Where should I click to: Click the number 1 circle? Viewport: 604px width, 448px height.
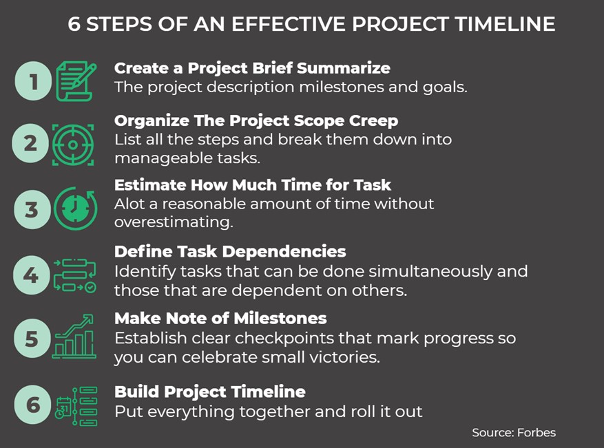click(x=33, y=82)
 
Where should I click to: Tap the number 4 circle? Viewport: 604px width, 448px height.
click(x=31, y=275)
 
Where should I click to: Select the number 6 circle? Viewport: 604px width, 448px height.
click(x=32, y=405)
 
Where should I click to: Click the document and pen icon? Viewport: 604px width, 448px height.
click(x=75, y=81)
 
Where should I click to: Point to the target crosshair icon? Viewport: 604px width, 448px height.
click(x=74, y=144)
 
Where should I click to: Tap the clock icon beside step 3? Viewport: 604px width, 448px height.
click(x=74, y=209)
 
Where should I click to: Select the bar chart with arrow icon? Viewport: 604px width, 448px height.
click(x=74, y=337)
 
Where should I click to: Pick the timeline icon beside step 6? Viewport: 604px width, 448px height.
click(x=75, y=406)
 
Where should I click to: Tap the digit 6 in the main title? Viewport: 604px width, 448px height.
click(x=74, y=23)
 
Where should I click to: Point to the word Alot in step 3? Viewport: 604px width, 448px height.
click(x=129, y=204)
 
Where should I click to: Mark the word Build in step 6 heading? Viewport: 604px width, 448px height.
click(x=134, y=392)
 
